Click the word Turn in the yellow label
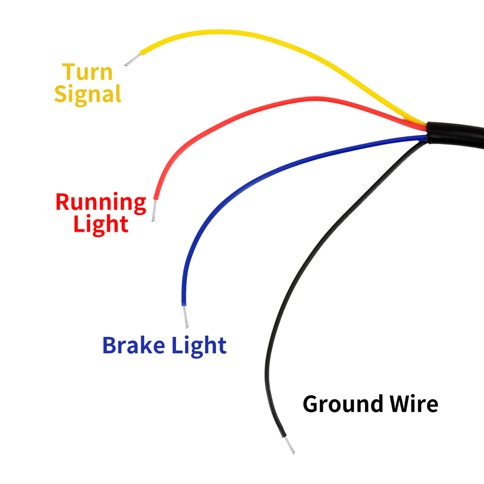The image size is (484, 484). click(x=87, y=73)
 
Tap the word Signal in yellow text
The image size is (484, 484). click(x=87, y=94)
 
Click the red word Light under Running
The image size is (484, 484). click(x=101, y=224)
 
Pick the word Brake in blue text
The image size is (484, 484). click(x=134, y=345)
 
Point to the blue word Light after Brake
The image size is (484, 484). click(x=199, y=345)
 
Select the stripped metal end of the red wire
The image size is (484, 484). click(x=154, y=211)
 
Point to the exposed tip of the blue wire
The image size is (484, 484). click(x=185, y=316)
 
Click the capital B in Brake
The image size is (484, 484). click(x=110, y=345)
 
